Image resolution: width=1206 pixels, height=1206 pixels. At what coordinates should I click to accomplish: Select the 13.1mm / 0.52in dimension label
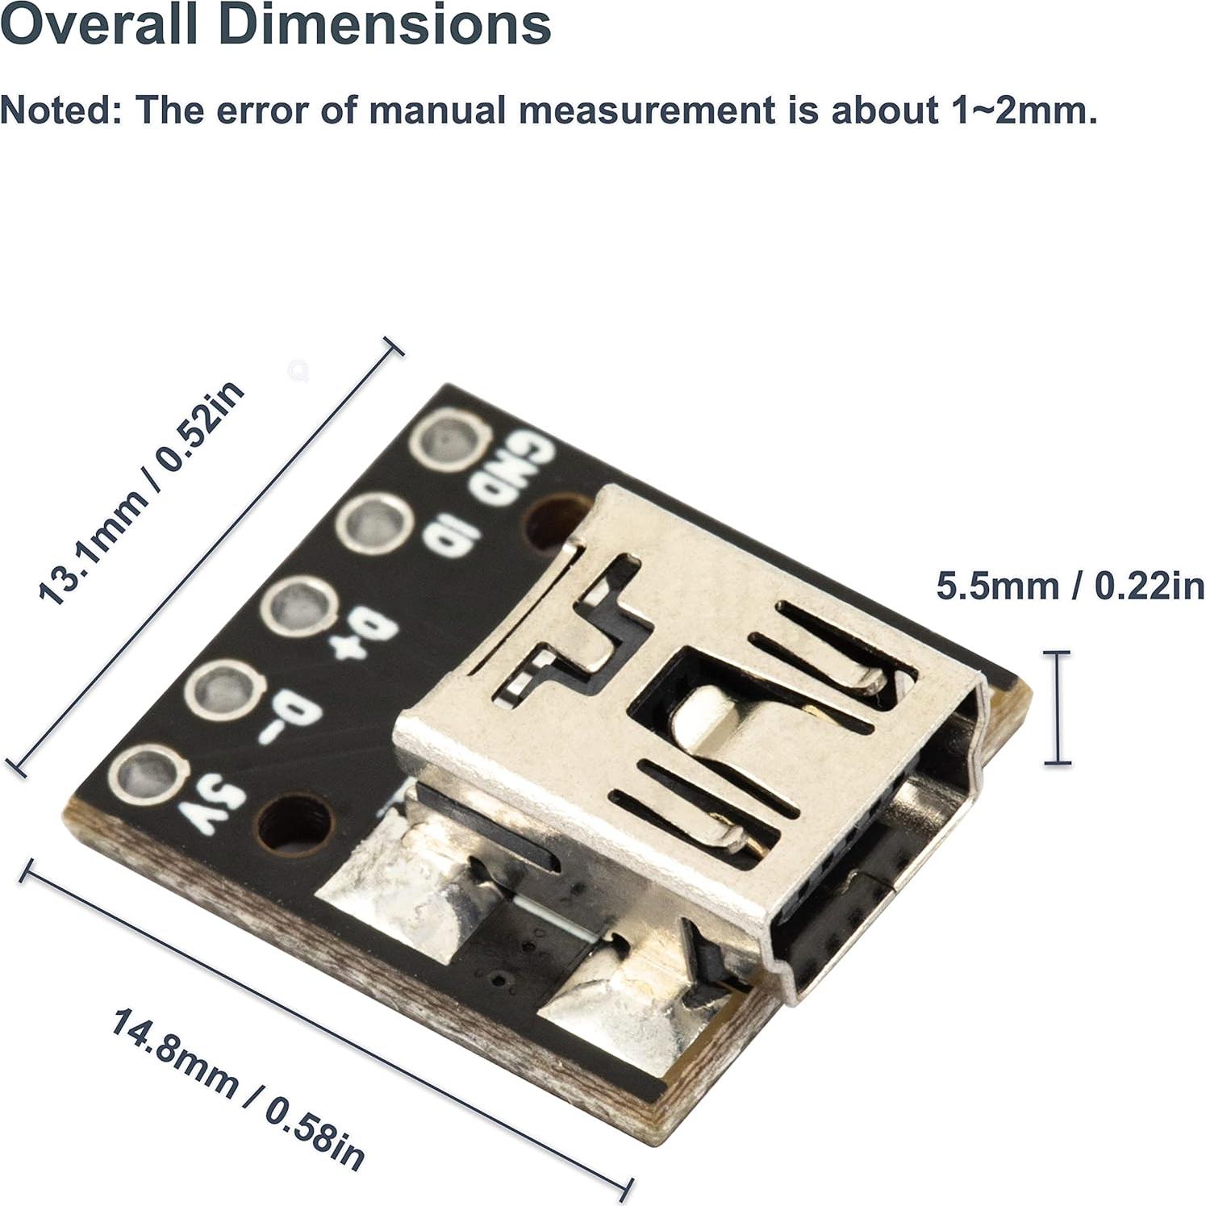[x=141, y=494]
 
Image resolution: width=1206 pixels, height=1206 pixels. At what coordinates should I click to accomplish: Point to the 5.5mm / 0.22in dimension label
[x=1070, y=586]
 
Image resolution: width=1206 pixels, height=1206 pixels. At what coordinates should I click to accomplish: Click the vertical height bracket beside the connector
[x=1057, y=707]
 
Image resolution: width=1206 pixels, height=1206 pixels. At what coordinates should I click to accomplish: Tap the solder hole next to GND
[x=449, y=440]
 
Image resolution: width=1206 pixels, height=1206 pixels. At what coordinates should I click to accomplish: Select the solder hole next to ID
[x=373, y=524]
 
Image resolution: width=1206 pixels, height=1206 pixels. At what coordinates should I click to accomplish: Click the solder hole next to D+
[x=298, y=607]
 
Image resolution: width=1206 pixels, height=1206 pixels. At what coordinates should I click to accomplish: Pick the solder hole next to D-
[x=224, y=691]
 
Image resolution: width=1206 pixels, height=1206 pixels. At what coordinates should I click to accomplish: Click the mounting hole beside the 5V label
[x=294, y=824]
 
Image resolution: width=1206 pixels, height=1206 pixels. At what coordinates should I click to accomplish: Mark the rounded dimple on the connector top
[x=702, y=714]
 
